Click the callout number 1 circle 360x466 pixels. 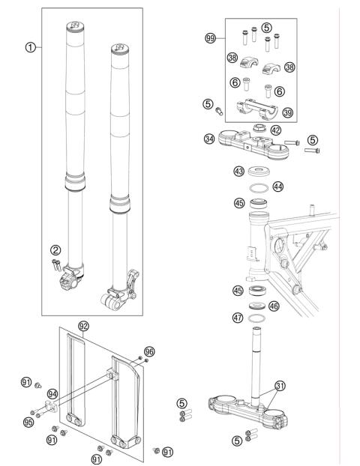point(30,46)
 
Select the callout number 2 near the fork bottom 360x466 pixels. point(55,250)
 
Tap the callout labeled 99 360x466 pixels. point(210,37)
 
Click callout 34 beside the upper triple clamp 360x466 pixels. point(209,138)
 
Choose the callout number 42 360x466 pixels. point(277,130)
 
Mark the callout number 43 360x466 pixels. point(239,172)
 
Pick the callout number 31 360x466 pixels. point(280,386)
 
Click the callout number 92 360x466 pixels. point(83,327)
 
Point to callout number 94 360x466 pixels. point(52,393)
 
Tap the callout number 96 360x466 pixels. point(149,350)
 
